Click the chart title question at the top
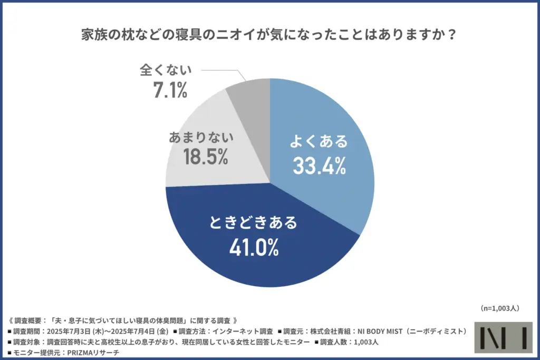pos(269,35)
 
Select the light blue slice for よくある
pos(337,121)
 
